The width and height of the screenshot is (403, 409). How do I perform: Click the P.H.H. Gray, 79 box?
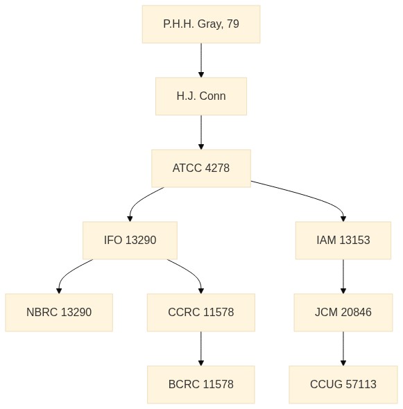pyautogui.click(x=201, y=24)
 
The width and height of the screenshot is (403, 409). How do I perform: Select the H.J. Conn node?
pyautogui.click(x=201, y=96)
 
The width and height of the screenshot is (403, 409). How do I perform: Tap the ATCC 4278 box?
pyautogui.click(x=201, y=168)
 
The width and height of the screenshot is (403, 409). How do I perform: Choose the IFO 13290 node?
pyautogui.click(x=130, y=241)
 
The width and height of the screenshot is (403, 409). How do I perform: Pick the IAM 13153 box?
pyautogui.click(x=343, y=241)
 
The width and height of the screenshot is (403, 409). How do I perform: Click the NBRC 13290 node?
pyautogui.click(x=59, y=312)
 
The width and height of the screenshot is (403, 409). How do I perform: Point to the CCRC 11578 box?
pyautogui.click(x=201, y=312)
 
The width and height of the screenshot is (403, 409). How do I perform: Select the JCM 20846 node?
pyautogui.click(x=343, y=312)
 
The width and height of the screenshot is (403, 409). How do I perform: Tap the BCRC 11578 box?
pyautogui.click(x=201, y=385)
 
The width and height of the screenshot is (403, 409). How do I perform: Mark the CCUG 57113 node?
pyautogui.click(x=343, y=385)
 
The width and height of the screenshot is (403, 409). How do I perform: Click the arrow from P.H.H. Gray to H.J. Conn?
pyautogui.click(x=201, y=60)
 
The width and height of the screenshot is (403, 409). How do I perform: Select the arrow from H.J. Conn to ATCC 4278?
pyautogui.click(x=201, y=132)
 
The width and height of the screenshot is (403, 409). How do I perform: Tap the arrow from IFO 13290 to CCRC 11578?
pyautogui.click(x=193, y=274)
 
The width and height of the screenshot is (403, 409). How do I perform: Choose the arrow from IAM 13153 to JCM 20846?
pyautogui.click(x=343, y=277)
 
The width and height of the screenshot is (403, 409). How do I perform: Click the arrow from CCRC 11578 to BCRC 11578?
pyautogui.click(x=201, y=349)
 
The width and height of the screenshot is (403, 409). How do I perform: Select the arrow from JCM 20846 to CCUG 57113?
pyautogui.click(x=343, y=349)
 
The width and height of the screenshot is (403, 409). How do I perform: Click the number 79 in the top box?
pyautogui.click(x=233, y=24)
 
